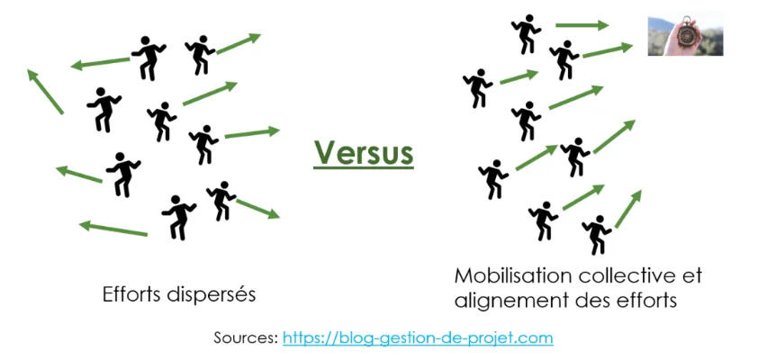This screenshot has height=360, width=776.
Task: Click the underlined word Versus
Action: (x=364, y=153)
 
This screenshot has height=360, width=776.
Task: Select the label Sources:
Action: (x=246, y=338)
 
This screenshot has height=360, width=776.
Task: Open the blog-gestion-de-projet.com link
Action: (x=418, y=338)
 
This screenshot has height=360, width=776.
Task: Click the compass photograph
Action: (x=685, y=33)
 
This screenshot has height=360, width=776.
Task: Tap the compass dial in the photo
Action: (x=687, y=34)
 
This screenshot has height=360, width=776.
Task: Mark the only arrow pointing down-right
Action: (x=257, y=209)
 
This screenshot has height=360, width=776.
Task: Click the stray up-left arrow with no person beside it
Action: (x=45, y=92)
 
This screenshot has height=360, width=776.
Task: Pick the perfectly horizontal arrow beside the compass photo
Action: (x=582, y=25)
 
